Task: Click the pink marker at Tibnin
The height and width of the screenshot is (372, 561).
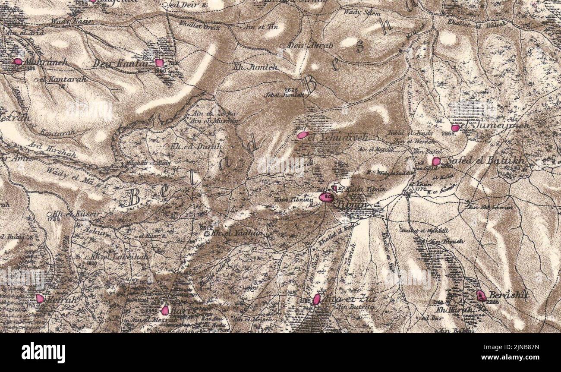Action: click(x=326, y=197)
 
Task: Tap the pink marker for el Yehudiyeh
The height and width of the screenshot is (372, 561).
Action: click(x=302, y=135)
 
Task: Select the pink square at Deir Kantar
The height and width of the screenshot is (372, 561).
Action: click(x=159, y=63)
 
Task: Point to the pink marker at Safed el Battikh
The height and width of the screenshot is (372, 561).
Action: click(x=436, y=161)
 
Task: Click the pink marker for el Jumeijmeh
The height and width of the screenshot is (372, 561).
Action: click(x=455, y=128)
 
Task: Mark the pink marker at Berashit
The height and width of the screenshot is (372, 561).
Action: click(x=481, y=296)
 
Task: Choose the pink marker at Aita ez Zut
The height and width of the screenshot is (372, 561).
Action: click(x=316, y=299)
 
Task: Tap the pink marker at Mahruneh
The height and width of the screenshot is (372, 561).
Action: click(x=18, y=62)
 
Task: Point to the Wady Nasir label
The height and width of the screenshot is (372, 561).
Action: click(x=66, y=21)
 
